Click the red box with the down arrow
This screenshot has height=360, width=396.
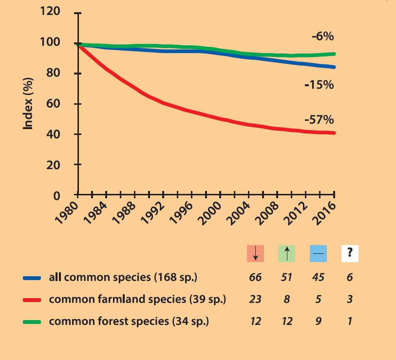click(x=255, y=253)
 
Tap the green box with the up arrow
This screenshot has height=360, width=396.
click(x=286, y=253)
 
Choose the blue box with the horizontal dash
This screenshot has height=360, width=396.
click(x=319, y=253)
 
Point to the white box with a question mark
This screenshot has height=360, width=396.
click(x=350, y=253)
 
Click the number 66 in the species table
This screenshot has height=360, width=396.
click(x=255, y=278)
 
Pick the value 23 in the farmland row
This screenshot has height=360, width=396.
click(x=255, y=300)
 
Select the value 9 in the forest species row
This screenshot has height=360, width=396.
click(x=319, y=321)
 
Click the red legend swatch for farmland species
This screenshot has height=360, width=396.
click(x=33, y=300)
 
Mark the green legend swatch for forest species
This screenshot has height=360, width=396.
click(x=33, y=321)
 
